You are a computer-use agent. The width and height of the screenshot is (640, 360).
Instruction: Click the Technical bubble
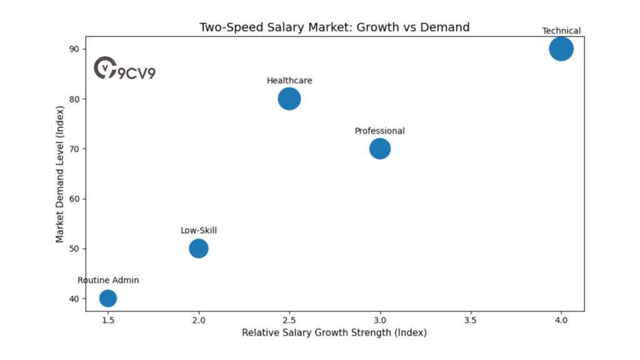[x=561, y=49]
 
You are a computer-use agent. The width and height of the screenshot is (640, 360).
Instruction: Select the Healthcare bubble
[x=289, y=99]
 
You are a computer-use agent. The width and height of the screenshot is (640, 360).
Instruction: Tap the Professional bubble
[x=379, y=149]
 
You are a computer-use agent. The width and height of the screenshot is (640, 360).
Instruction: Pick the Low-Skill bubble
[x=198, y=248]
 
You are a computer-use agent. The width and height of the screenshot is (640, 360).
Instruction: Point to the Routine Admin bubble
[x=108, y=298]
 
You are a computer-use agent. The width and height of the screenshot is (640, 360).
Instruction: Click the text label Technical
[x=561, y=31]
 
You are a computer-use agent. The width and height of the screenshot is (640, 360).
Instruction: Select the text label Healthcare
[x=289, y=81]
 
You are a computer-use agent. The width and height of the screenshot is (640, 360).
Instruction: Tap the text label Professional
[x=379, y=131]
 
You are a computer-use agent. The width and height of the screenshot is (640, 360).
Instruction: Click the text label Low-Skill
[x=199, y=231]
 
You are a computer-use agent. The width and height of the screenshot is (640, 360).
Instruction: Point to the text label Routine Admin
[x=108, y=280]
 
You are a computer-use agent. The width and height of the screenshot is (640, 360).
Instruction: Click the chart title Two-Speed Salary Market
[x=334, y=27]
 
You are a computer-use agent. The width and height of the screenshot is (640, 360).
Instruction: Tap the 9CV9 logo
[x=124, y=69]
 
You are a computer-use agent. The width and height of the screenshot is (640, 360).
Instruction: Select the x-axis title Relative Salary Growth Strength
[x=334, y=332]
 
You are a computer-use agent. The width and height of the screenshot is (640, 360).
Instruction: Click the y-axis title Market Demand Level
[x=60, y=174]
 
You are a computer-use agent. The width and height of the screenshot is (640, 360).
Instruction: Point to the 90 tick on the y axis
[x=74, y=49]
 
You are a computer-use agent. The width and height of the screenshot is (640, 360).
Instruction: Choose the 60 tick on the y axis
[x=74, y=199]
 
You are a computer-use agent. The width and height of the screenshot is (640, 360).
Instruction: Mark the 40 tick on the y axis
[x=74, y=299]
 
